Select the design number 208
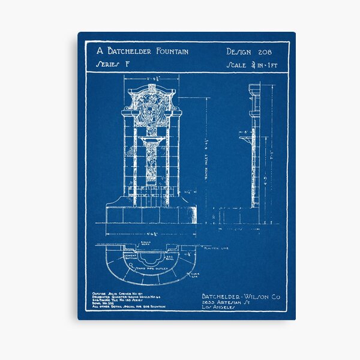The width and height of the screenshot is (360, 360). (265, 52)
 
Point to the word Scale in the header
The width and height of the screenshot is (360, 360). (238, 65)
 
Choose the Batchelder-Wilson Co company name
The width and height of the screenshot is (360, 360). (241, 296)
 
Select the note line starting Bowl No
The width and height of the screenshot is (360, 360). (107, 302)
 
